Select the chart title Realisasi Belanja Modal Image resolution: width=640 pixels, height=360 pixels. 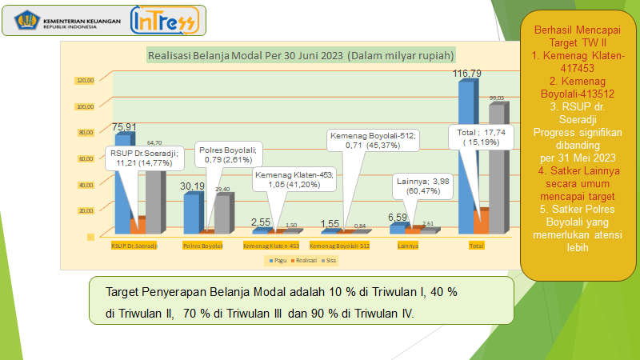301,55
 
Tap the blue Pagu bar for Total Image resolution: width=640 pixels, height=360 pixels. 466,152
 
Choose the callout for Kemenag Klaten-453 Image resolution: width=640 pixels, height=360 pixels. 294,179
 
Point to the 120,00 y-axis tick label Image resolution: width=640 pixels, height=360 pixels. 85,80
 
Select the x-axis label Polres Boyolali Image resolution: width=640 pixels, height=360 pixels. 202,246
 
